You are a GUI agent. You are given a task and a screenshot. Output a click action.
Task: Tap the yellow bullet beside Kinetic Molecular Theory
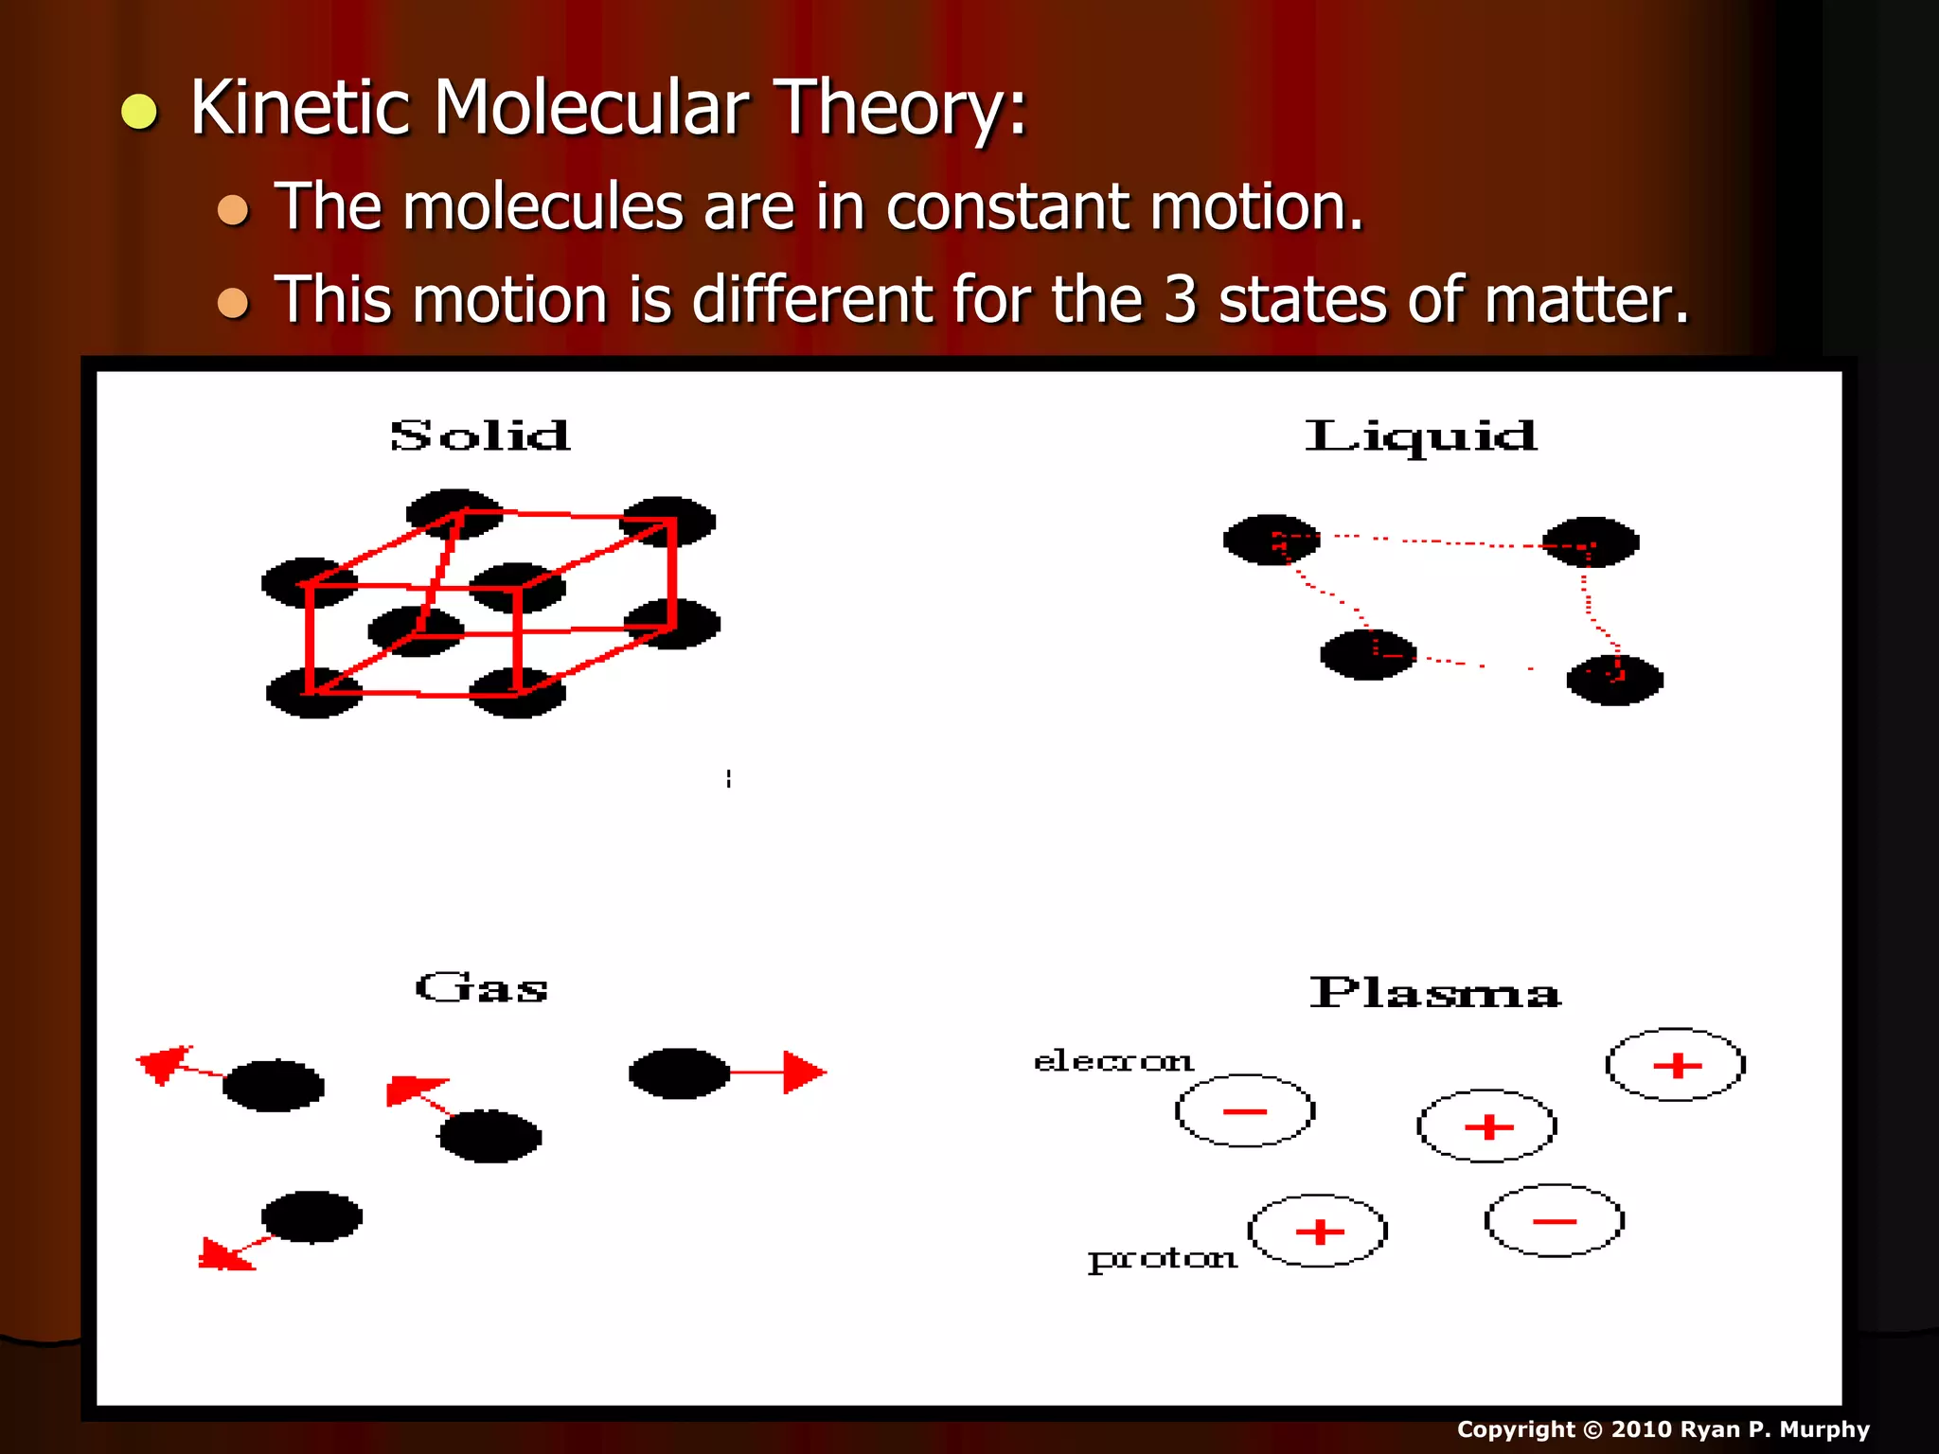[x=139, y=111]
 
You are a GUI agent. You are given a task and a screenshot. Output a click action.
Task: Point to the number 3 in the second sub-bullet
[x=1180, y=299]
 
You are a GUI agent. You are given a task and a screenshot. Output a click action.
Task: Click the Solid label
[x=480, y=436]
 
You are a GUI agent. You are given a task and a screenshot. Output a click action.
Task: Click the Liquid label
[x=1420, y=436]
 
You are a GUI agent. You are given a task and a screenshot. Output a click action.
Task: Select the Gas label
[x=481, y=989]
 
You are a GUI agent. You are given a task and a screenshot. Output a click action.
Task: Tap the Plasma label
[x=1434, y=993]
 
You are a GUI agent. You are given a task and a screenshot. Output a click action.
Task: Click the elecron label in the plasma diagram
[x=1112, y=1061]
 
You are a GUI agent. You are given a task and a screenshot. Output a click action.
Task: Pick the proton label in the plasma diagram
[x=1162, y=1259]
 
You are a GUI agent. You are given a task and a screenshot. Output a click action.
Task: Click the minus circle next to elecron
[x=1244, y=1110]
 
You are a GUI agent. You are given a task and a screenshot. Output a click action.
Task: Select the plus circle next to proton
[x=1318, y=1231]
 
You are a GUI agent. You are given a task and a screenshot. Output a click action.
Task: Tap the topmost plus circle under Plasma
[x=1676, y=1065]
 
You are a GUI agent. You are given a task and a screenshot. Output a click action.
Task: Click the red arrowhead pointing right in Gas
[x=804, y=1073]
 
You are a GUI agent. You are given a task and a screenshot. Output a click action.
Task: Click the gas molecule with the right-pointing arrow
[x=679, y=1073]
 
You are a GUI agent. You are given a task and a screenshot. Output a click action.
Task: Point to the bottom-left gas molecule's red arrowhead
[x=223, y=1255]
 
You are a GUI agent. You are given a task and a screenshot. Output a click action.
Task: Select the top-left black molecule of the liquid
[x=1271, y=540]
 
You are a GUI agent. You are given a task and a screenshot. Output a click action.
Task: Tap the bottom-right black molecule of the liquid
[x=1614, y=680]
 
